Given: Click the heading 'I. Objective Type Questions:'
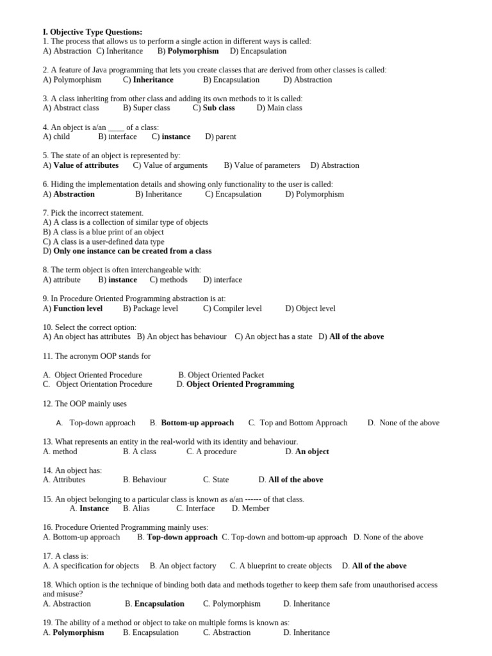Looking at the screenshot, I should (x=92, y=32).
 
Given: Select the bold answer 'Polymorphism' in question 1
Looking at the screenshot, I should (x=193, y=51).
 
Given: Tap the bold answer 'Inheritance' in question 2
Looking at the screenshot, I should (x=153, y=80).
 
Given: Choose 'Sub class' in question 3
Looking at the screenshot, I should (x=218, y=108).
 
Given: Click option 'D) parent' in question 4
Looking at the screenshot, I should (x=220, y=136).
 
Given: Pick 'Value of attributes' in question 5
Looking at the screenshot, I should (x=86, y=165).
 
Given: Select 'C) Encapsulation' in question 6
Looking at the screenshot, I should (x=233, y=194).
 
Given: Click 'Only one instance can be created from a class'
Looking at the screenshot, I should (x=132, y=251).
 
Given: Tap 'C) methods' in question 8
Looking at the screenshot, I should (x=168, y=280).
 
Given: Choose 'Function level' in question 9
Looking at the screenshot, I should (x=78, y=309).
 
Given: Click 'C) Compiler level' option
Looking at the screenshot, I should (x=233, y=309).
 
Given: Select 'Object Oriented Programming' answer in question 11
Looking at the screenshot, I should (x=240, y=384).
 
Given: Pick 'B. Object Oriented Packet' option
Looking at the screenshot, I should (x=221, y=375).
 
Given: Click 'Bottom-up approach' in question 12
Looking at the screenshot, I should (x=197, y=423).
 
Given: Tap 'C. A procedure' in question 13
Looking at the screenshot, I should (x=211, y=452).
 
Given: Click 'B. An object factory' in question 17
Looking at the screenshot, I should (x=183, y=566).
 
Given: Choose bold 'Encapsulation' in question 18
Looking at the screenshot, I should (x=159, y=604).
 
